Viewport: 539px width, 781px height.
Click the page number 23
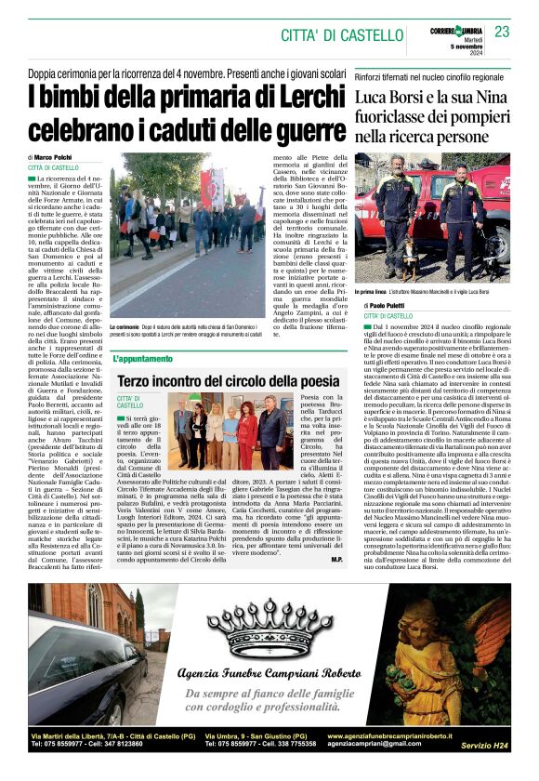click(x=502, y=32)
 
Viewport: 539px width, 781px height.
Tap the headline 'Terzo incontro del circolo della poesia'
click(x=228, y=380)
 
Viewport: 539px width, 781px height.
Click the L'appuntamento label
click(x=142, y=358)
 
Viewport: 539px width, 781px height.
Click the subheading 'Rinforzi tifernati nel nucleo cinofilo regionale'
click(x=429, y=77)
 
